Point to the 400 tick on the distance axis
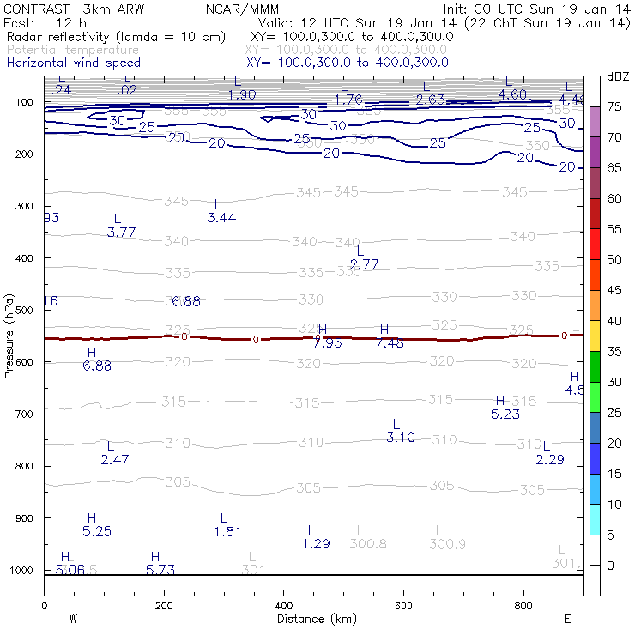283,606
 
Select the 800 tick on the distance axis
523,606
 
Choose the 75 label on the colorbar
614,106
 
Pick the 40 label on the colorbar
614,321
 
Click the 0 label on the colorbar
610,565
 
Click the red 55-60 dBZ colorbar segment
595,214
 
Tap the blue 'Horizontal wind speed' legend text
73,63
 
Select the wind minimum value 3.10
401,438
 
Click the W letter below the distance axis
73,619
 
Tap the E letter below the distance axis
567,619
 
